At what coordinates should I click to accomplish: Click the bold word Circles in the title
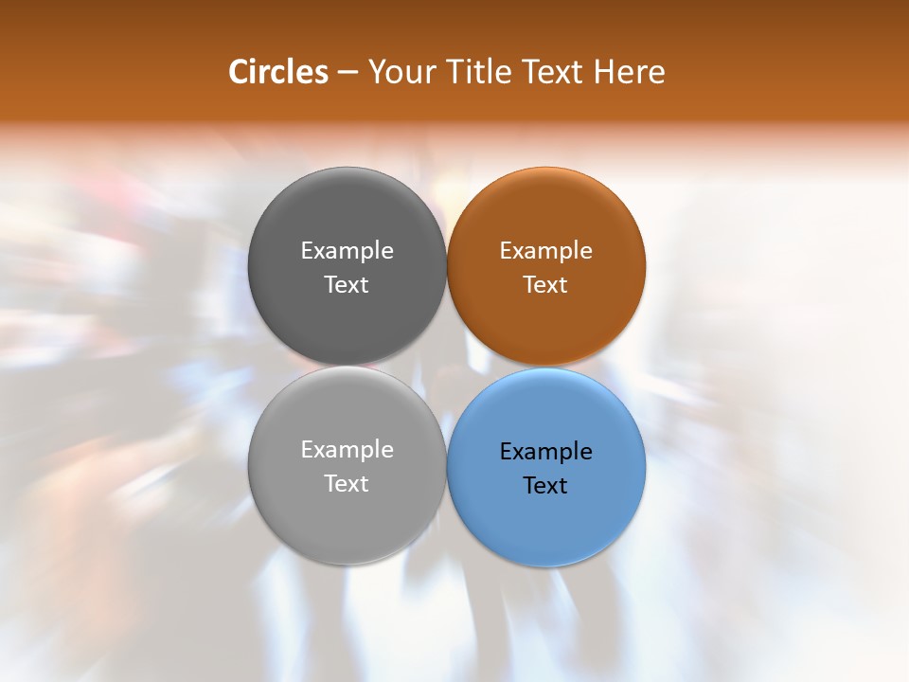278,72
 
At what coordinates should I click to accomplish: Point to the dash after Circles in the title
348,73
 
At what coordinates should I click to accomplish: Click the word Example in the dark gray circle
347,251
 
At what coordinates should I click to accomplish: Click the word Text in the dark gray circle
347,285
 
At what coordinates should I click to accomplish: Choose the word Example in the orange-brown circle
545,251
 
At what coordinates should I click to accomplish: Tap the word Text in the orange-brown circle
545,285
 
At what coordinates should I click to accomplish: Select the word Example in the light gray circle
347,450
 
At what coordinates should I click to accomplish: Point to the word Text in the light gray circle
347,484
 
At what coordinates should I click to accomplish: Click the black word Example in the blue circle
545,452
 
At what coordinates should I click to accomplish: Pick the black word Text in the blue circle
545,486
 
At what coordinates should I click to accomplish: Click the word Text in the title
552,72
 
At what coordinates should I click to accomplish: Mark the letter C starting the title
239,72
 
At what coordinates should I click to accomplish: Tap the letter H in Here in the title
603,72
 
